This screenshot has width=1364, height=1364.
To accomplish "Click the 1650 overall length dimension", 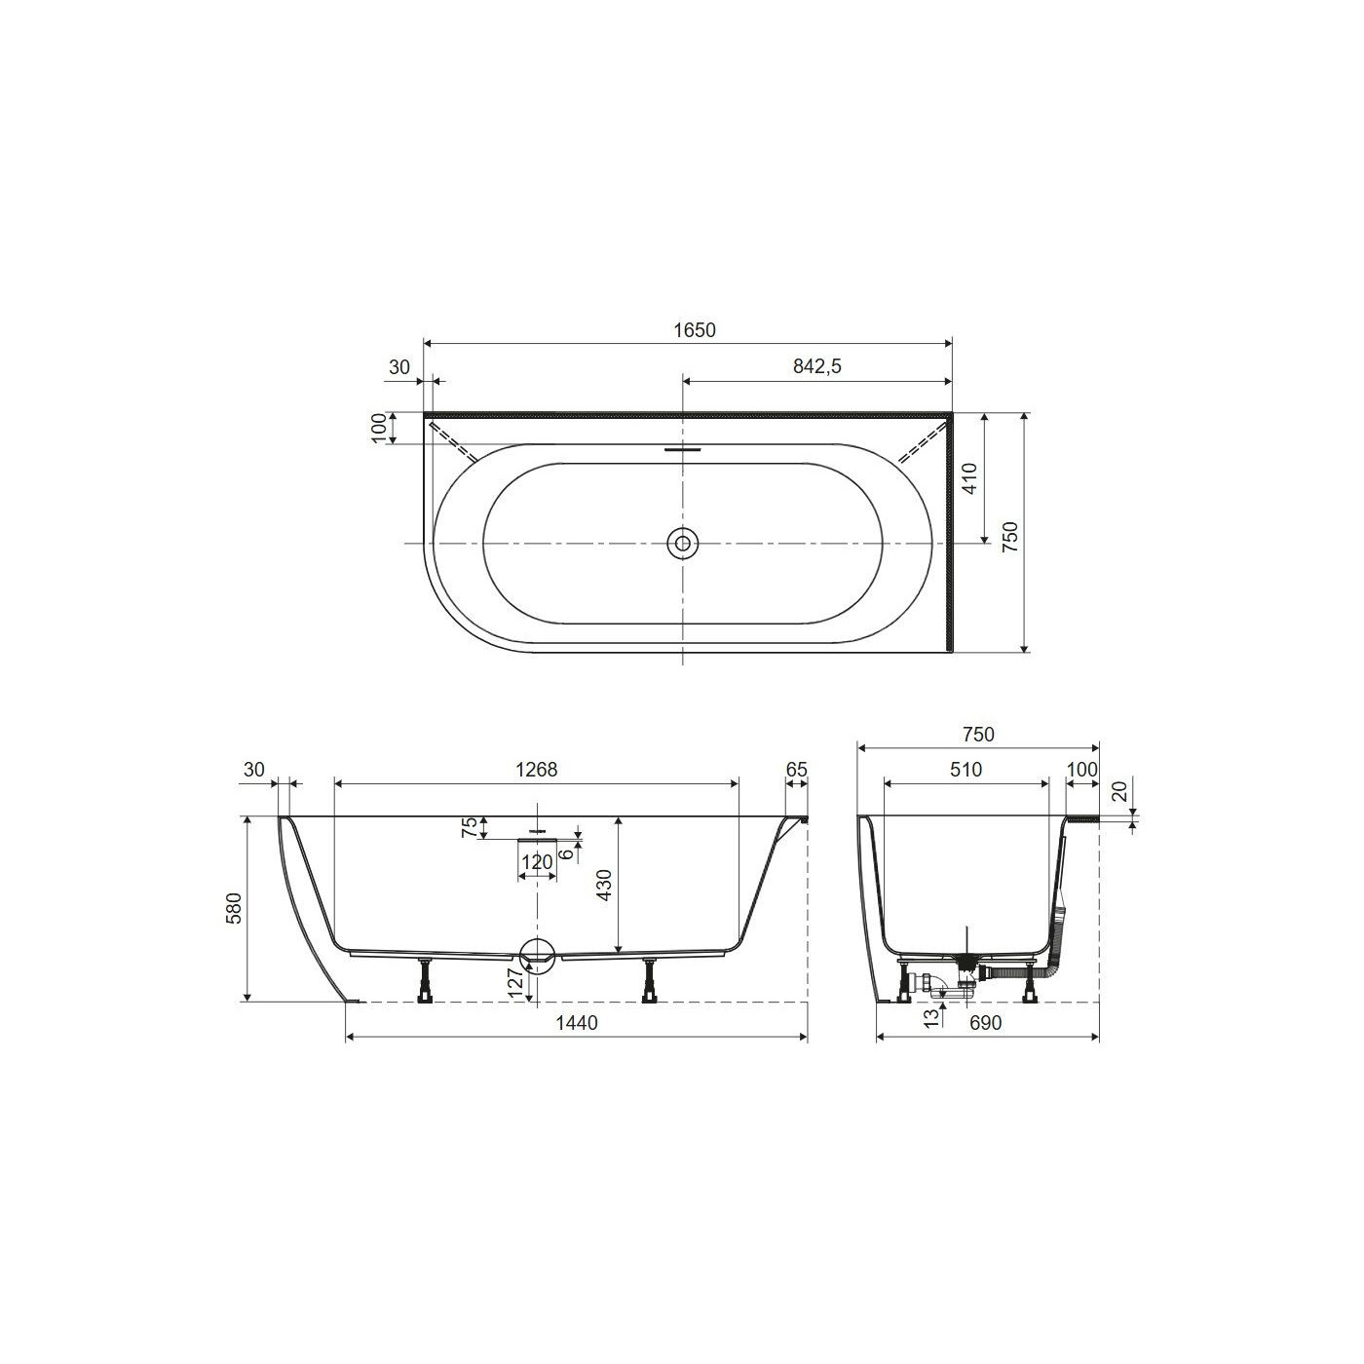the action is (695, 330).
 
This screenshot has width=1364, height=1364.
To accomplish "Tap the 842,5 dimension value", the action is (816, 366).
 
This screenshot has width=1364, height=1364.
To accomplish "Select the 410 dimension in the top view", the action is (969, 478).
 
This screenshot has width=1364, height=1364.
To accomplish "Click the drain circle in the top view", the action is (682, 543).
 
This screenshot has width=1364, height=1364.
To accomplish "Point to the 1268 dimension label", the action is (537, 770).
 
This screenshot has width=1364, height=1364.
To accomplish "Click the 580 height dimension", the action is (235, 908).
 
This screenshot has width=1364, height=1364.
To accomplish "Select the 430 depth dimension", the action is (604, 885).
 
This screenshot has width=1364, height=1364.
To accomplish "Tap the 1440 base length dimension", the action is (577, 1023).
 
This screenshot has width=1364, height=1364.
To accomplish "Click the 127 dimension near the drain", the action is (515, 982).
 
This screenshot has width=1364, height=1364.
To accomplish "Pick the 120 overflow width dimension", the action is (537, 862).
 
